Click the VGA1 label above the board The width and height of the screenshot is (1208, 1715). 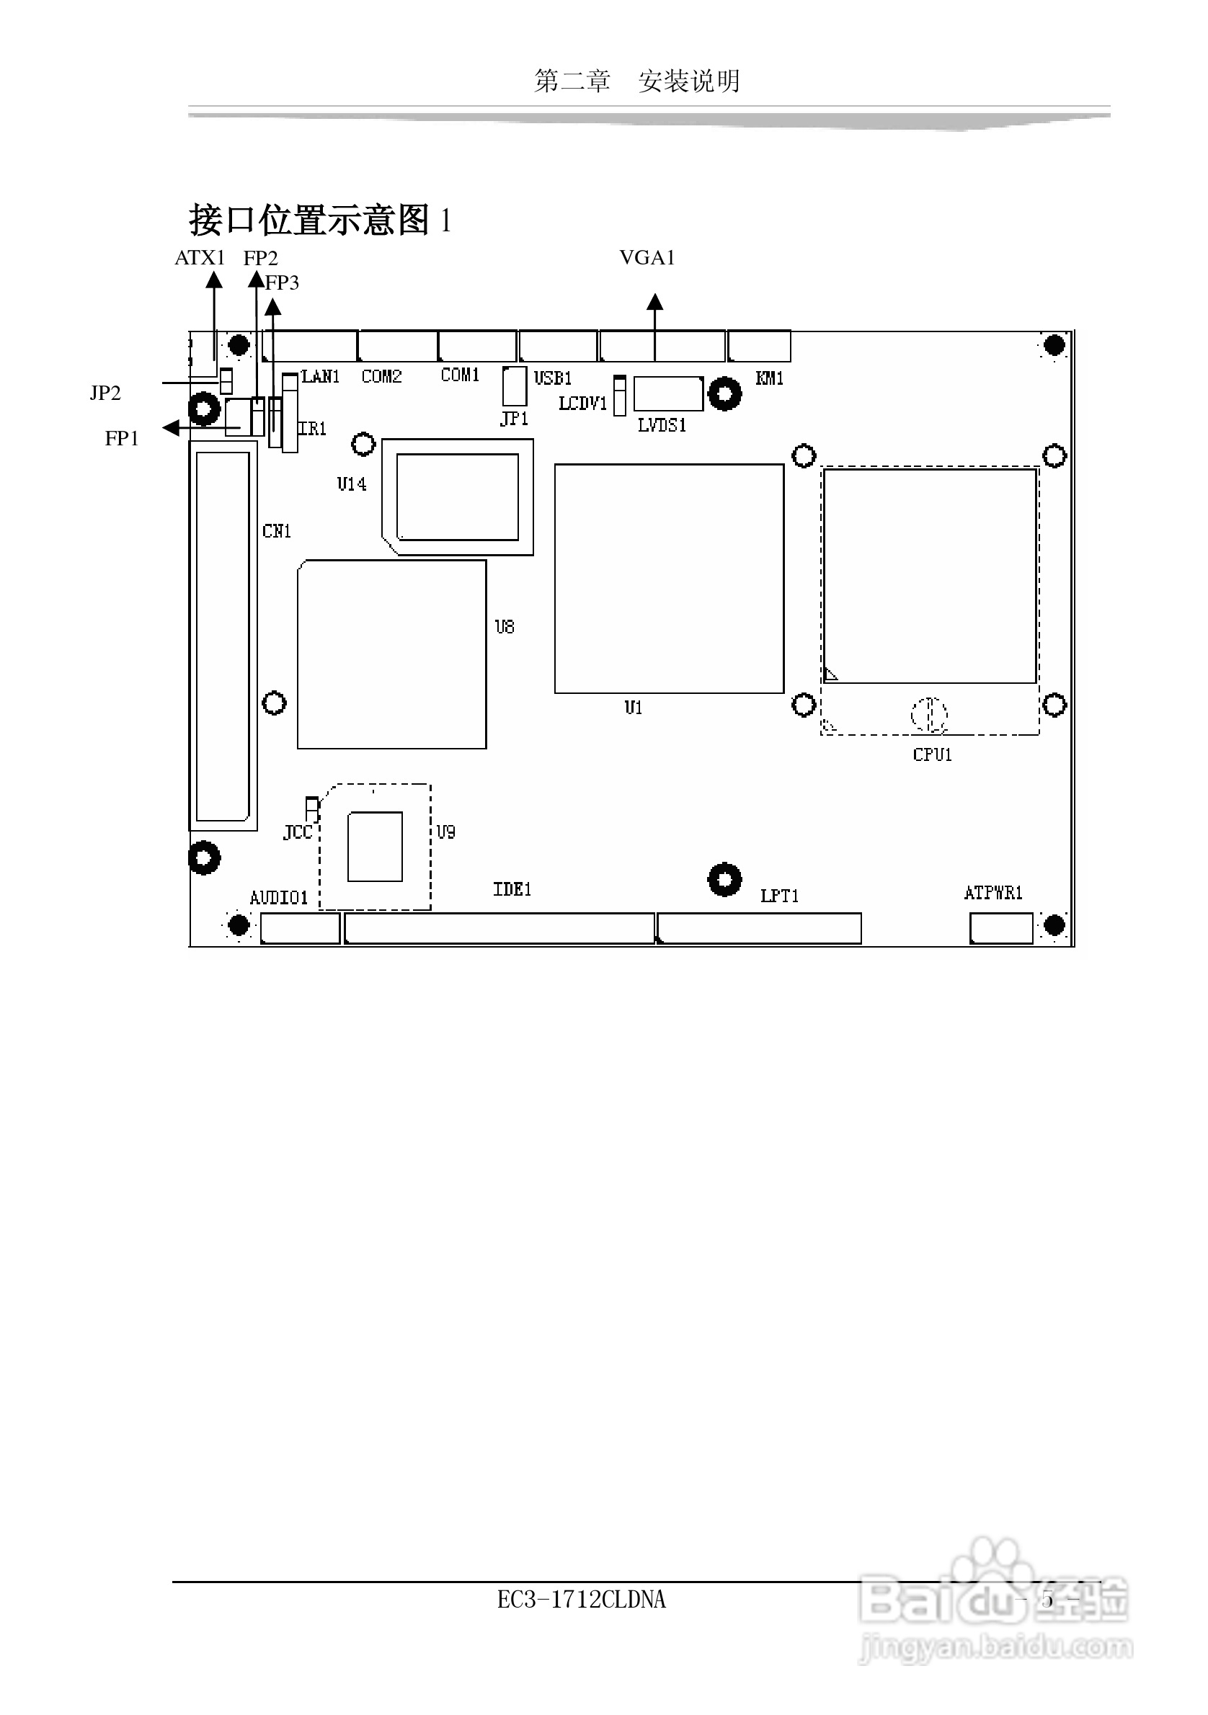click(647, 258)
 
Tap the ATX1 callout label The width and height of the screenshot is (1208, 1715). click(200, 258)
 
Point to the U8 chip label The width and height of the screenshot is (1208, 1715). click(505, 627)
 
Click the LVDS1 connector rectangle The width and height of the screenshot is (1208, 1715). click(668, 393)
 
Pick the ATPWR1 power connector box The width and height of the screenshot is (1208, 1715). click(1001, 928)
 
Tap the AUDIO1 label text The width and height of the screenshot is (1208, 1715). click(279, 898)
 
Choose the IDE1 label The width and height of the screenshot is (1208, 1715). click(512, 889)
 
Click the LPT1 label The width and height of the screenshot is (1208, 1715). click(779, 896)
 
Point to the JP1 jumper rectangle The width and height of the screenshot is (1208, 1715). click(514, 386)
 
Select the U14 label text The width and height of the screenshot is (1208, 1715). click(351, 484)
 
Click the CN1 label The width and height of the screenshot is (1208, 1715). click(277, 531)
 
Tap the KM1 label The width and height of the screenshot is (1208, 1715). click(770, 378)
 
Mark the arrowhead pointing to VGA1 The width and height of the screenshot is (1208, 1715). click(655, 302)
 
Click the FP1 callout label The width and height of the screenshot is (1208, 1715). click(122, 438)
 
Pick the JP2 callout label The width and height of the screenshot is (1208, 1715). click(105, 393)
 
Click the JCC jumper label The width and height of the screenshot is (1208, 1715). click(298, 833)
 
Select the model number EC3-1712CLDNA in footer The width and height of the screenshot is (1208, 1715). click(581, 1599)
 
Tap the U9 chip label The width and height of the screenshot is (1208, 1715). click(446, 832)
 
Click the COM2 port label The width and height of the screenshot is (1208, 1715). click(382, 375)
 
